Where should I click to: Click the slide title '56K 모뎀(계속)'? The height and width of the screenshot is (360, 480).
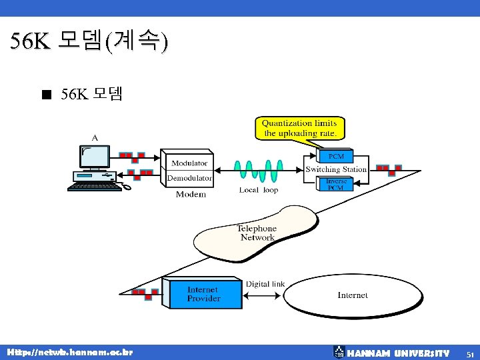coord(89,42)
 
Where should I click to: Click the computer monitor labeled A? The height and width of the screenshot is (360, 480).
coord(95,157)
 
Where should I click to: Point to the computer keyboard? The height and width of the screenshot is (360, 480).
coord(95,187)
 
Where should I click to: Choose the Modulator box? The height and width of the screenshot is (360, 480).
coord(189,163)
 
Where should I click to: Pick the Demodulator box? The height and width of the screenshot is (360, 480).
coord(189,178)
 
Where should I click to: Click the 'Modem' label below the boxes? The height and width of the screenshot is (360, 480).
coord(191,195)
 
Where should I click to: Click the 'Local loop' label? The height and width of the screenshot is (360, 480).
coord(259,190)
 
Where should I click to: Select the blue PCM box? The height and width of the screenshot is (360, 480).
coord(336,156)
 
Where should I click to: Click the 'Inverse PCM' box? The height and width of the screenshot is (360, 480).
coord(336,184)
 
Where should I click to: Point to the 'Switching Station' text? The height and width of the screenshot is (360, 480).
coord(336,169)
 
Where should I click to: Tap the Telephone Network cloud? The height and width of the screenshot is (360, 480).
coord(257,233)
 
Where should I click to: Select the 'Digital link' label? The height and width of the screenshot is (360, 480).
coord(265,284)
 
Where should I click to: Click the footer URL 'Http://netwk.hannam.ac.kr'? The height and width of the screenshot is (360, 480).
coord(70,352)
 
